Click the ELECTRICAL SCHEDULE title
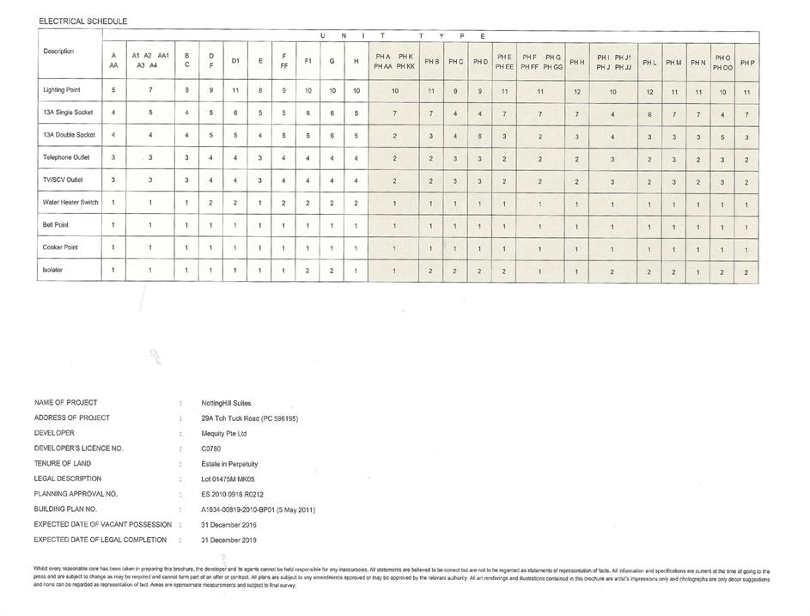pos(76,19)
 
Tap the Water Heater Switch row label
pos(70,202)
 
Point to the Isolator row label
pos(53,270)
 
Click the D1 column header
pos(235,61)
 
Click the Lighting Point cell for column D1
pos(235,90)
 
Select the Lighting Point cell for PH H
pos(576,91)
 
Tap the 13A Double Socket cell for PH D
pos(479,136)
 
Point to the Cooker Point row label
pos(62,247)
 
